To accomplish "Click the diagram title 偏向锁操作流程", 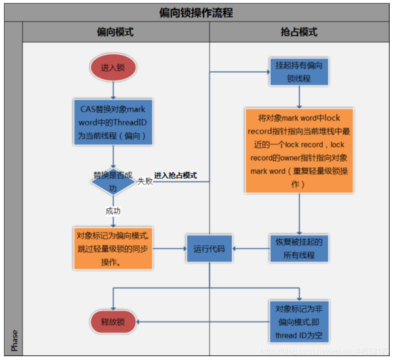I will (x=196, y=13).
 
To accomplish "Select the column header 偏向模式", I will (x=115, y=32).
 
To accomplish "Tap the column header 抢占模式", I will (x=299, y=32).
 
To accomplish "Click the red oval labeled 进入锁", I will (x=113, y=68).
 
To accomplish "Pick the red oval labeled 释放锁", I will (x=113, y=322).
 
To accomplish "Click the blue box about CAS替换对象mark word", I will (x=113, y=122).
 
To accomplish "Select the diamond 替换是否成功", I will (x=113, y=181).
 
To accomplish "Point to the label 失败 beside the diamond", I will (x=145, y=181).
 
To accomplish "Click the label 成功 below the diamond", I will (x=113, y=211).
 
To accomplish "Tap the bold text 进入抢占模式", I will (x=175, y=175).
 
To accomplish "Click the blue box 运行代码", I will (x=209, y=248).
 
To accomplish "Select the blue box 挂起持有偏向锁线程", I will (x=299, y=72).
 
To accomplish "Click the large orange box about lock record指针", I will (x=299, y=150).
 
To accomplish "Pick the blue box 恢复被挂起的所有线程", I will (x=299, y=248).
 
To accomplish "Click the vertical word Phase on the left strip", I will (x=14, y=341).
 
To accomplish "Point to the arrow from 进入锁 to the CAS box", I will (x=113, y=89).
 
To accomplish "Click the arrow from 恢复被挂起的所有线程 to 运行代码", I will (x=251, y=248).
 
